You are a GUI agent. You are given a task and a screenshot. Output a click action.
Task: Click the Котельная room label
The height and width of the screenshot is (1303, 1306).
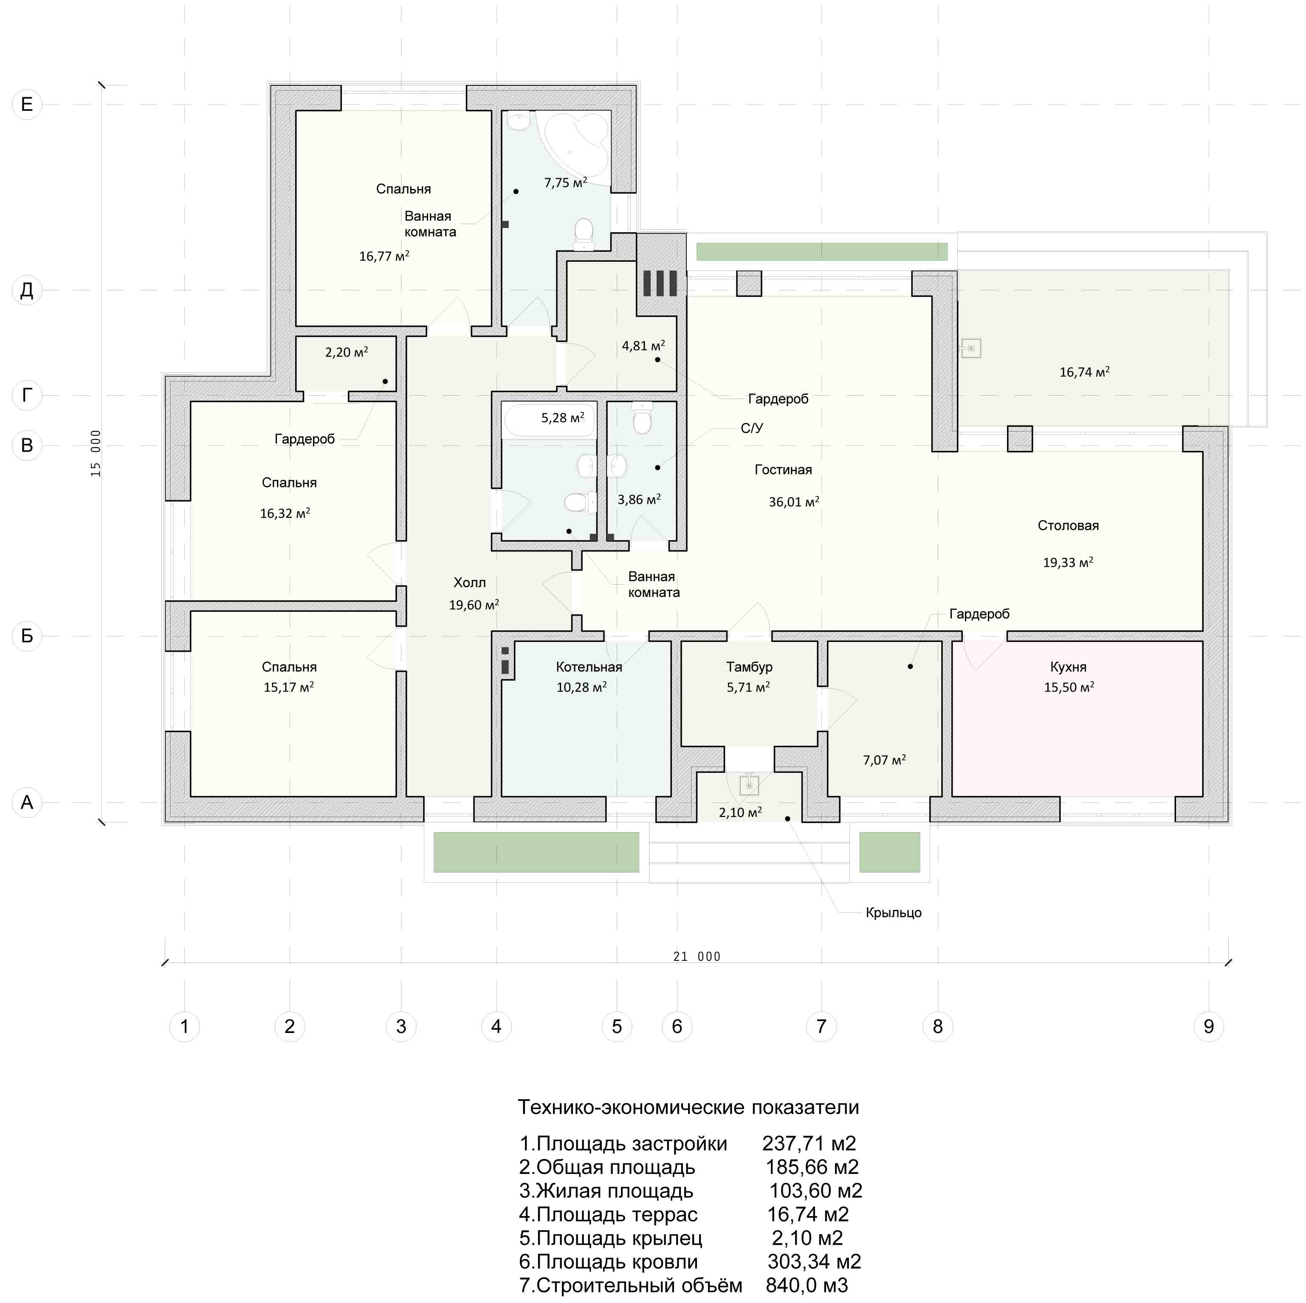589,667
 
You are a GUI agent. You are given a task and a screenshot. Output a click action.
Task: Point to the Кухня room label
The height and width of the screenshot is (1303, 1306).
1068,667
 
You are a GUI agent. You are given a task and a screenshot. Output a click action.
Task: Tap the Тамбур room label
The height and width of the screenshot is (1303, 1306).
749,667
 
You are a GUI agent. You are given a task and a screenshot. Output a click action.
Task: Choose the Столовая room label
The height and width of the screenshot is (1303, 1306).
1068,525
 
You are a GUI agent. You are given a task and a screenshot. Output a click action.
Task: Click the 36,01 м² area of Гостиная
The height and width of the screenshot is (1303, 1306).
794,501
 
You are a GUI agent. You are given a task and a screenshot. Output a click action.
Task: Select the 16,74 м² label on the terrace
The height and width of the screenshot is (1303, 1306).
1084,371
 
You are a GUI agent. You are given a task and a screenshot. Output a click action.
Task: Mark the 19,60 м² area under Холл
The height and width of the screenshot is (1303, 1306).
474,605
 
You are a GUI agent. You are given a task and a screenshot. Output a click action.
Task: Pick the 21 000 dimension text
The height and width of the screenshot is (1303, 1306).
697,956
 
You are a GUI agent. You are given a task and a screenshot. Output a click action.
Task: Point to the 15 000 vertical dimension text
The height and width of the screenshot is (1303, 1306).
96,453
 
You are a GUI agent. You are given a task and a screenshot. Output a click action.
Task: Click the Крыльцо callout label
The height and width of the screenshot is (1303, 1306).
894,912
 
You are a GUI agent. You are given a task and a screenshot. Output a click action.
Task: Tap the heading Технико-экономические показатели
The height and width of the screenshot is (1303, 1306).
688,1107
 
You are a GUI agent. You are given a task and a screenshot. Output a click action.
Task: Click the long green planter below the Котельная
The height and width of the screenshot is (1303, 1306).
536,852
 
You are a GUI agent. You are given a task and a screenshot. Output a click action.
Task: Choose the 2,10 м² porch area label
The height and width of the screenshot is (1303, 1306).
740,812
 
